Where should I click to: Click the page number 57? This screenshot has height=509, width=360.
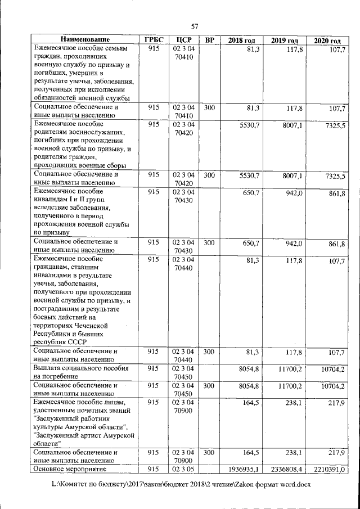(x=195, y=26)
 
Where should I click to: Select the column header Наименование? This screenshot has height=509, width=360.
(x=84, y=40)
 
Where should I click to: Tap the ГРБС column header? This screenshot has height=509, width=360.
(x=154, y=40)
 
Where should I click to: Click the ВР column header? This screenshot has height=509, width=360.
(x=209, y=40)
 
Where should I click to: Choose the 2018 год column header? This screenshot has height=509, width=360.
(x=242, y=40)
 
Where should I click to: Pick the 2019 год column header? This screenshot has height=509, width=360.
(x=285, y=40)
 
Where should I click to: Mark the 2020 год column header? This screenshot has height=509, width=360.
(x=327, y=41)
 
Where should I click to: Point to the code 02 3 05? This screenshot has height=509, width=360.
(x=184, y=469)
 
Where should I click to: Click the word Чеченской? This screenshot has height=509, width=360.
(x=92, y=325)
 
